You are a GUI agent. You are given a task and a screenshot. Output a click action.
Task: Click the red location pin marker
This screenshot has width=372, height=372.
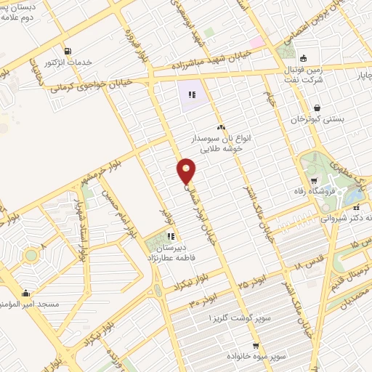(x=187, y=170)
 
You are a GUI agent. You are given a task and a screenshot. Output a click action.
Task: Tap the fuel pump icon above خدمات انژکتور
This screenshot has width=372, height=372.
(x=68, y=51)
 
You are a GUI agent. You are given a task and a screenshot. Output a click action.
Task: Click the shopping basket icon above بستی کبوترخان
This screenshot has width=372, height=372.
(x=317, y=108)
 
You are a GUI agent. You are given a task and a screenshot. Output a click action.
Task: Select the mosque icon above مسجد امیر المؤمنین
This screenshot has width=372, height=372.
(x=26, y=294)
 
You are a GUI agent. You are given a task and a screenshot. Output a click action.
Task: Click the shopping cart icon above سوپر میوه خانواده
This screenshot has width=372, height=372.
(x=256, y=346)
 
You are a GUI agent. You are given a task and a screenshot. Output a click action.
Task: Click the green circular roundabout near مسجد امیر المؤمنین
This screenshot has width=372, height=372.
(x=30, y=256)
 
